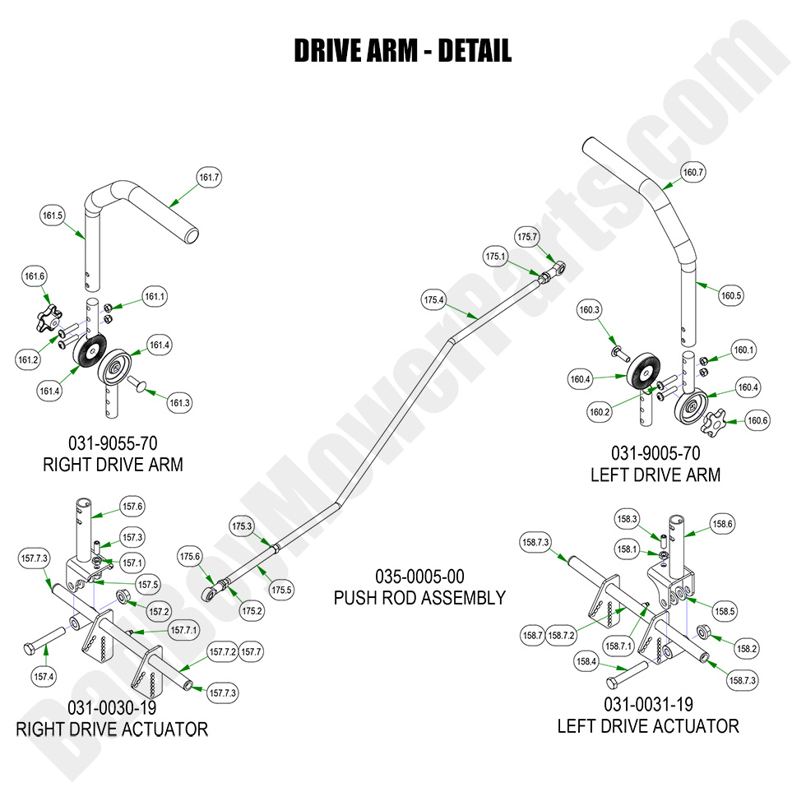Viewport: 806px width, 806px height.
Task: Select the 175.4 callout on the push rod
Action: [433, 301]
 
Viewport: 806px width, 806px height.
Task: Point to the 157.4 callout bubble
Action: [44, 677]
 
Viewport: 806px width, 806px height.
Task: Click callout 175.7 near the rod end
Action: [526, 237]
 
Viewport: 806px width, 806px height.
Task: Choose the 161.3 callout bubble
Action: [179, 403]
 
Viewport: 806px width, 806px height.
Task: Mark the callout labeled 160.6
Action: [757, 420]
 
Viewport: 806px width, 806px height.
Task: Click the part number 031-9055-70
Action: [113, 445]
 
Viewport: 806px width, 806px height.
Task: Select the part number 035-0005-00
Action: [419, 577]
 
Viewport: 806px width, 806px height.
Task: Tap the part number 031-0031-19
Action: [648, 705]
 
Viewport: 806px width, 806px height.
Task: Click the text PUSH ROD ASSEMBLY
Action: [419, 598]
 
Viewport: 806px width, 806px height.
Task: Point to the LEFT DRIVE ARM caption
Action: [655, 475]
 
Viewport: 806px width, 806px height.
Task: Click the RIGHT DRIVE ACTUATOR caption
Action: [112, 729]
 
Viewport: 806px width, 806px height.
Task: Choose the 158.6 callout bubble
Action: [722, 524]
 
